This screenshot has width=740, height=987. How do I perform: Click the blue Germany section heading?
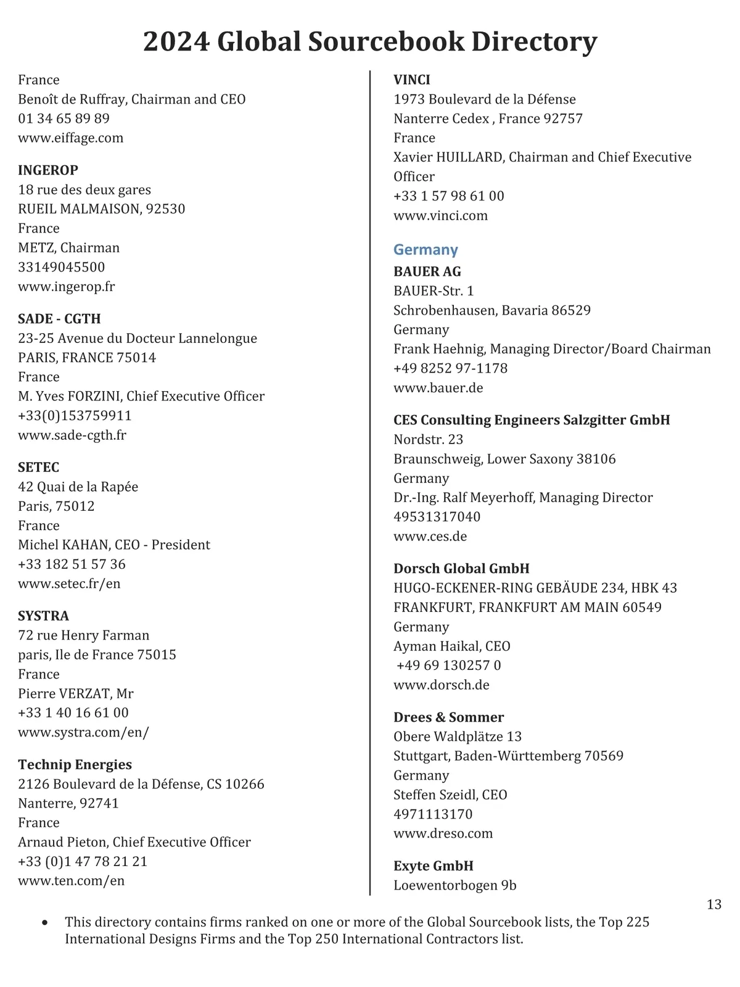click(x=425, y=250)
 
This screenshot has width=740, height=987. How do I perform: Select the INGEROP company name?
click(x=48, y=170)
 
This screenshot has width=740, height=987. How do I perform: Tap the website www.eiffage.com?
click(x=70, y=138)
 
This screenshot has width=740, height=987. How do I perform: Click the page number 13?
click(x=713, y=904)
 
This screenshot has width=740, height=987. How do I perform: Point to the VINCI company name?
click(x=412, y=80)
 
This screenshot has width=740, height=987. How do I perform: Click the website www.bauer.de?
click(x=438, y=388)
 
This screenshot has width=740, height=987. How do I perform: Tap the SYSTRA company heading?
click(x=43, y=616)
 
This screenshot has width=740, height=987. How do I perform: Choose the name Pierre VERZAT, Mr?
click(x=75, y=693)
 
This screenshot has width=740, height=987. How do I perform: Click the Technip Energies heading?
click(x=75, y=764)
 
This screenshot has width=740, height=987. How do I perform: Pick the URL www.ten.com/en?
click(x=71, y=880)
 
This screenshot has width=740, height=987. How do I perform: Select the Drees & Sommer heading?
click(x=448, y=717)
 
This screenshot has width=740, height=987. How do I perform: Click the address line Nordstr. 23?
click(x=428, y=439)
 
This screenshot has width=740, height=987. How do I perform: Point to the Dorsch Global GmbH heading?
click(x=461, y=568)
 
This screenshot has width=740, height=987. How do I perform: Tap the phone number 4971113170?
click(x=433, y=814)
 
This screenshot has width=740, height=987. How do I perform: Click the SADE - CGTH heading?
click(x=59, y=319)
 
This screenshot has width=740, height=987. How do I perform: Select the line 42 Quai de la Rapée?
click(x=78, y=487)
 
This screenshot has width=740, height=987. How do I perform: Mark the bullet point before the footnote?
click(x=44, y=923)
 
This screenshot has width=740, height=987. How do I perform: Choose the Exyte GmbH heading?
click(x=434, y=865)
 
